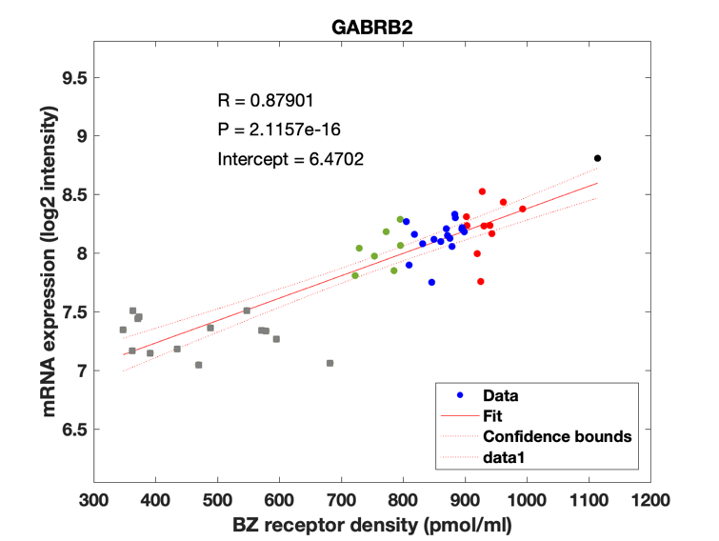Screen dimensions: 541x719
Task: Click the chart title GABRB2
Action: (x=371, y=28)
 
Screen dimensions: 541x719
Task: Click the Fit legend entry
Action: (x=492, y=416)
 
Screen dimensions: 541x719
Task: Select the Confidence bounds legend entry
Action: (x=556, y=437)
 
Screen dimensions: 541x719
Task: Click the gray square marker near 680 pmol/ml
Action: (x=330, y=363)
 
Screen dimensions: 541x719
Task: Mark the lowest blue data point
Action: (x=431, y=282)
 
